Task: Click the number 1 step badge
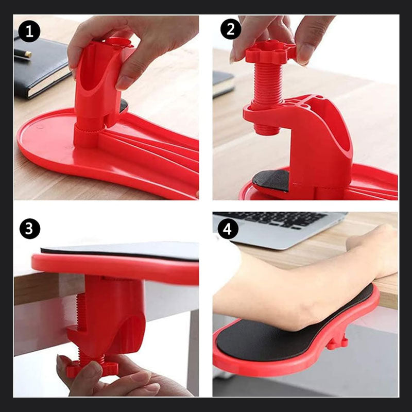point(29,31)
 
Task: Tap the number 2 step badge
point(230,29)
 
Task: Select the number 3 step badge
point(30,229)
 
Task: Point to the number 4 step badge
point(228,229)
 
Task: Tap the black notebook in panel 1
point(40,66)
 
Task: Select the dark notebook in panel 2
point(223,83)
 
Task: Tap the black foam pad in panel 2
point(271,180)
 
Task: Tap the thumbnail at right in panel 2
point(305,55)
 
